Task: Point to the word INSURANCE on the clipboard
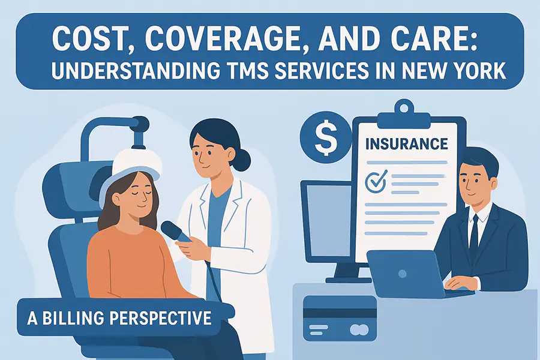pyautogui.click(x=407, y=144)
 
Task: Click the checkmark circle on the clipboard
pyautogui.click(x=376, y=181)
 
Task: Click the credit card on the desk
pyautogui.click(x=340, y=319)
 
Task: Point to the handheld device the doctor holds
pyautogui.click(x=176, y=232)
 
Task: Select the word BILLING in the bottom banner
pyautogui.click(x=73, y=318)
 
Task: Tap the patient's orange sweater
pyautogui.click(x=133, y=261)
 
